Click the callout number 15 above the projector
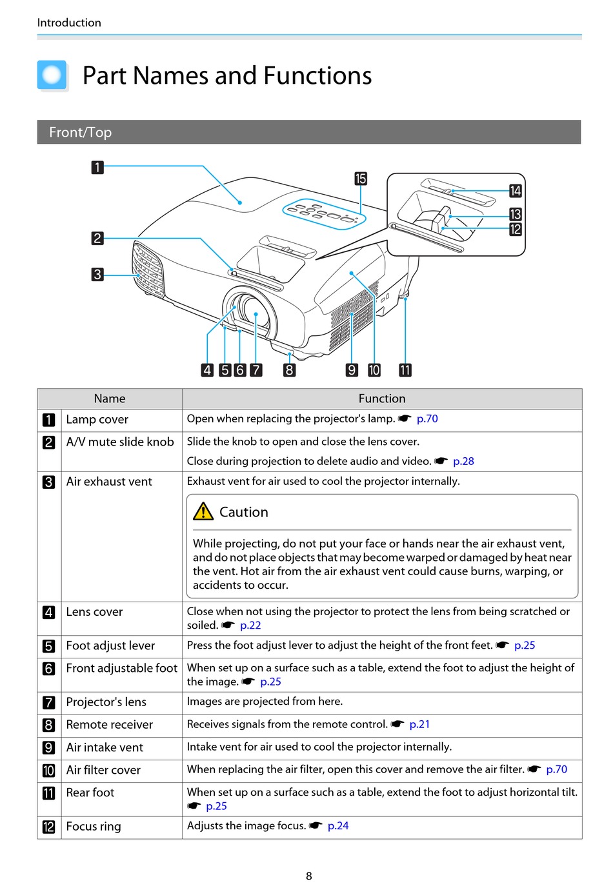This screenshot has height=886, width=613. (x=360, y=179)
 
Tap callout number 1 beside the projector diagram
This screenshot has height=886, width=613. (x=97, y=168)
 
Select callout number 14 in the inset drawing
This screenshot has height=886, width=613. (x=515, y=191)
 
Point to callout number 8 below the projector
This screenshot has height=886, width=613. (x=289, y=370)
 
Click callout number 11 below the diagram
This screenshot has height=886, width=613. (x=405, y=370)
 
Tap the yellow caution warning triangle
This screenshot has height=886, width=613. (x=203, y=511)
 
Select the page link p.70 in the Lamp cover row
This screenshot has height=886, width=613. (x=427, y=418)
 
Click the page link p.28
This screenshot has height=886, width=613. (x=463, y=461)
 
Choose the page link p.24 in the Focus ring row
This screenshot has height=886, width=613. (x=338, y=825)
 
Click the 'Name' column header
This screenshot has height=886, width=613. (x=110, y=399)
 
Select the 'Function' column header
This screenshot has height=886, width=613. (x=382, y=399)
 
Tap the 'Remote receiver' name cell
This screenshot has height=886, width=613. (x=110, y=725)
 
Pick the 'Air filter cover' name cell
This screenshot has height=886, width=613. (x=103, y=770)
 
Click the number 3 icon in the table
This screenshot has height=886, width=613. (x=49, y=482)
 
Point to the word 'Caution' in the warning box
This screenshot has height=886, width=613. (x=243, y=512)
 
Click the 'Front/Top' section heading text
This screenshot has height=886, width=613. (x=81, y=132)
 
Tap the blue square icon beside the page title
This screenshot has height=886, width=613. (x=52, y=75)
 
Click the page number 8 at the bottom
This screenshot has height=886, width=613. (x=308, y=876)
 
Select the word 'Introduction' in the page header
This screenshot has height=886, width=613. (x=69, y=23)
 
